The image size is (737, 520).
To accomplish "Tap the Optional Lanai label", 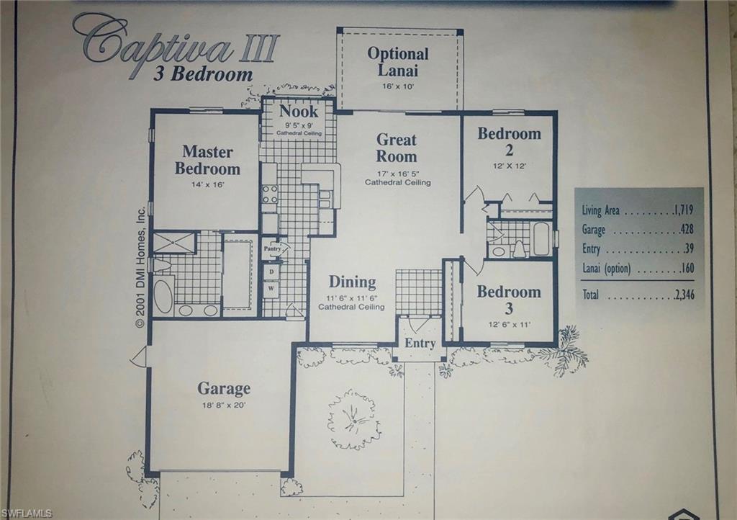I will [x=398, y=62].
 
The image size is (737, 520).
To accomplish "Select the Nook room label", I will [x=299, y=112].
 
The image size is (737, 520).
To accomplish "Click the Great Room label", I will [x=397, y=148].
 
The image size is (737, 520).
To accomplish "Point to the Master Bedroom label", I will [x=207, y=160].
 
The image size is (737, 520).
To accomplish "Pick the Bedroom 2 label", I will [x=509, y=141].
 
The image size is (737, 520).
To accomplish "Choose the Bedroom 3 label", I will [x=508, y=300].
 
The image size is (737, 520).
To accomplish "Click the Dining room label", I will [x=352, y=282].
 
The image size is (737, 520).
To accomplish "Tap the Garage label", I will [x=224, y=389].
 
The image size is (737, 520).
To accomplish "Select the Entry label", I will [x=420, y=344].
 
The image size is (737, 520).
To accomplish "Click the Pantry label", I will [x=272, y=248].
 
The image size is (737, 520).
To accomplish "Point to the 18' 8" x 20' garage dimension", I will [x=224, y=405].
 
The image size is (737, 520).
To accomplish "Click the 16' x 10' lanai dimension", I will [x=397, y=86].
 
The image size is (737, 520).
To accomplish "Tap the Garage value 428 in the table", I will [x=687, y=230].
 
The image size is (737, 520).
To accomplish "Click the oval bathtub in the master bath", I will [x=164, y=295].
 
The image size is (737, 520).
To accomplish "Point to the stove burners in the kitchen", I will [x=270, y=194].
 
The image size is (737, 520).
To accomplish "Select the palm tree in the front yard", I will [x=353, y=418].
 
